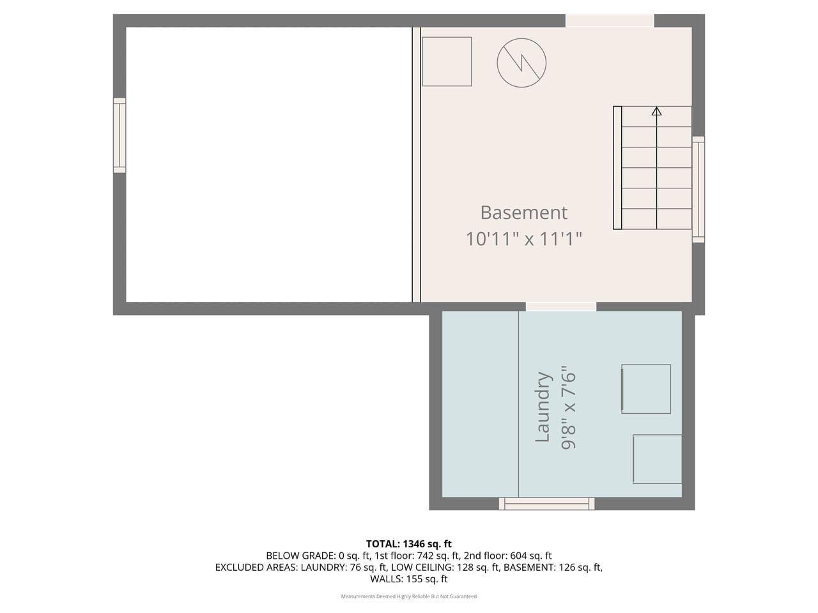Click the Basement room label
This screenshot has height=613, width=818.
(523, 212)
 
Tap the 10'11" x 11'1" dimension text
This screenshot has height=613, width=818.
(523, 239)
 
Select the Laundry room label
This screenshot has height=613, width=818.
(543, 407)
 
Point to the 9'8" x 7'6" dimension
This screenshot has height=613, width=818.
(568, 407)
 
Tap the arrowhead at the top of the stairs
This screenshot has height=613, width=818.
(656, 112)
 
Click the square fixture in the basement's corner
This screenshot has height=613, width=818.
(447, 61)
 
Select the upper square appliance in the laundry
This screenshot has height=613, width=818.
(646, 389)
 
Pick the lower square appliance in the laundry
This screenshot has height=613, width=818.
(657, 459)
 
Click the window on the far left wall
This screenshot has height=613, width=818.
(120, 135)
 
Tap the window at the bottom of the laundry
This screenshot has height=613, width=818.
(546, 504)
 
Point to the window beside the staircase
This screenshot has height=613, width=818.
(698, 189)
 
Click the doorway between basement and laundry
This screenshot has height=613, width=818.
(560, 306)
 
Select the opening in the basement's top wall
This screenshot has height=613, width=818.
(610, 20)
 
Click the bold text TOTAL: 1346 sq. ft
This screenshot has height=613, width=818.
(409, 544)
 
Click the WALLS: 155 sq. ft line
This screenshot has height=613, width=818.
(409, 579)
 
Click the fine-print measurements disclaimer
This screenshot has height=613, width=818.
(409, 596)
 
